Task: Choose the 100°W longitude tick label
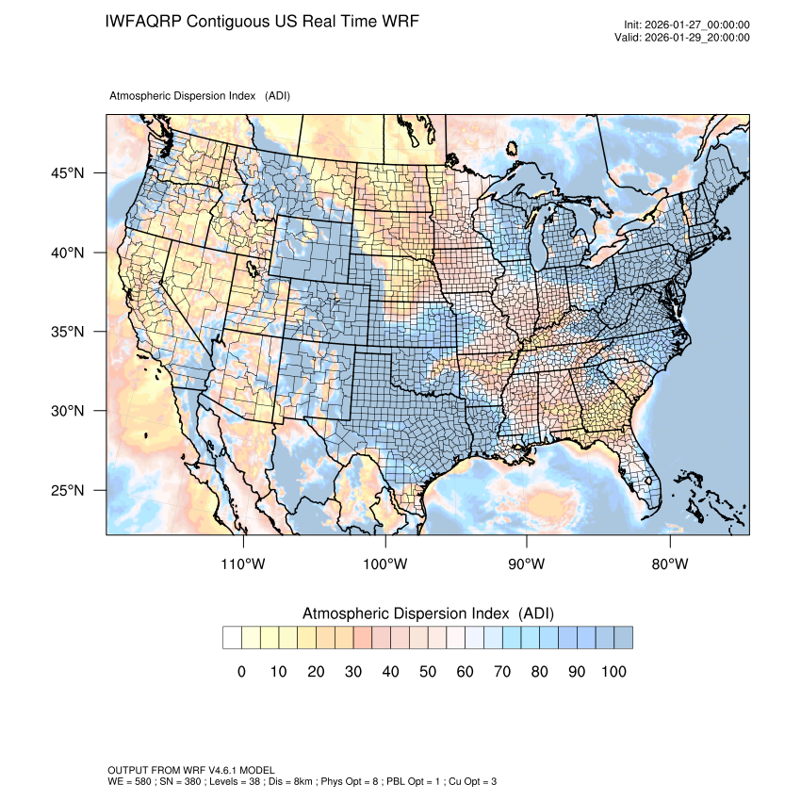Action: click(x=385, y=564)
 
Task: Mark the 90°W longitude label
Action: click(x=528, y=564)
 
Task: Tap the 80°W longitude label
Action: click(x=669, y=564)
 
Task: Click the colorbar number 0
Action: click(x=241, y=671)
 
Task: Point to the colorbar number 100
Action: click(x=613, y=671)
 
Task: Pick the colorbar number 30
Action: click(x=352, y=671)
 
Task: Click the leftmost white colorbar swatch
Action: click(x=232, y=638)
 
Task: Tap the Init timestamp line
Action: click(x=687, y=25)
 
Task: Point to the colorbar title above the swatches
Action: click(x=428, y=613)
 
